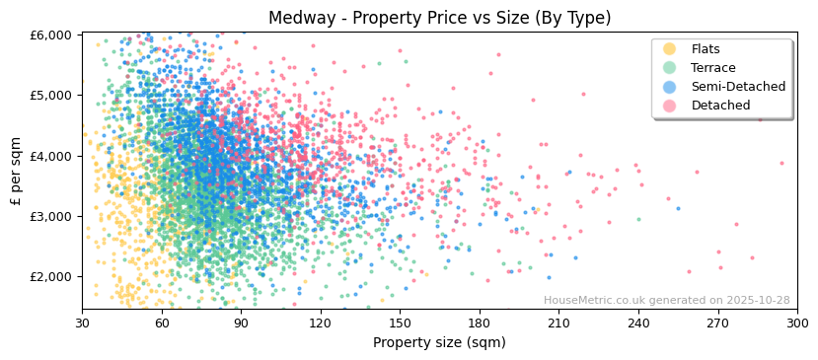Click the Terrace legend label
713,68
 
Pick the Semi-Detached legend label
738,87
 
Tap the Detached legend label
720,106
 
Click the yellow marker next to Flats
670,49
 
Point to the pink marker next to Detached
670,106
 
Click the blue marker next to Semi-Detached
670,87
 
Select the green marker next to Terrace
670,68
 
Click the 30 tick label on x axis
82,323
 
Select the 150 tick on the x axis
400,323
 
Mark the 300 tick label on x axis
797,323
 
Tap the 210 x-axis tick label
558,323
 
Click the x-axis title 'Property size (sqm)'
439,342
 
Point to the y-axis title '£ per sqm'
17,172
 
